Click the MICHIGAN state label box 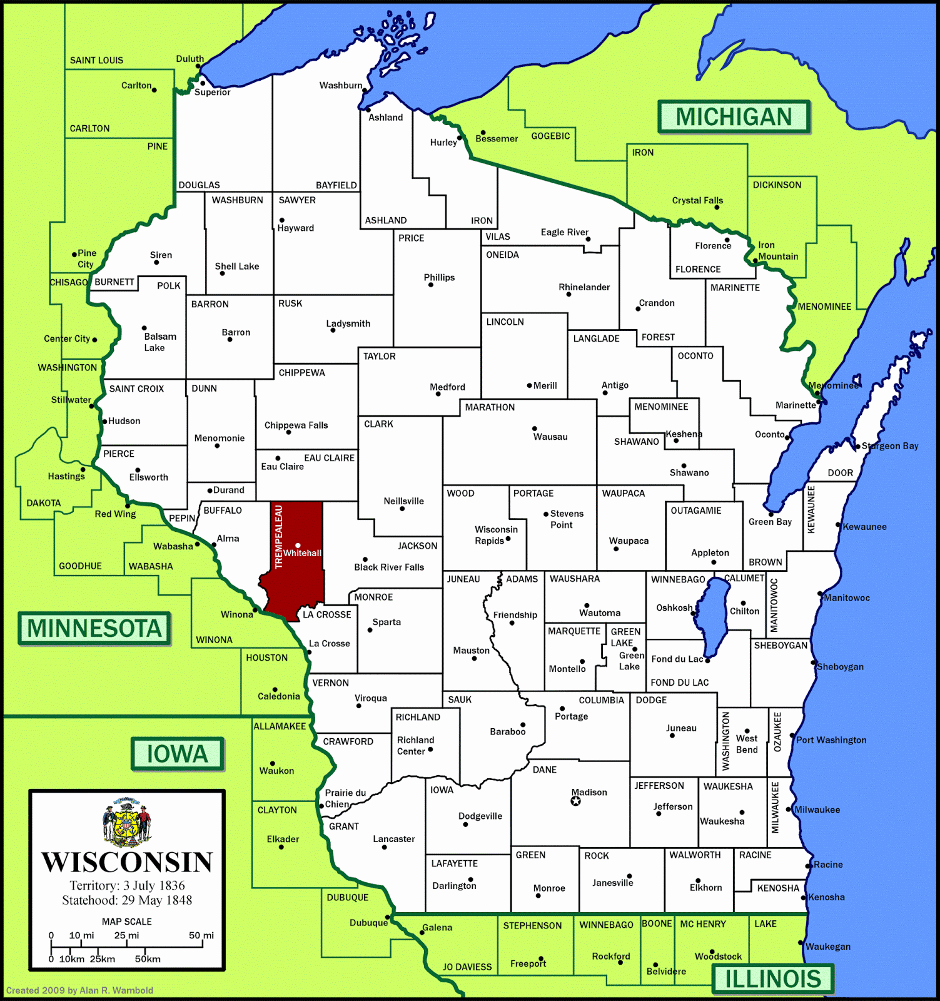point(734,117)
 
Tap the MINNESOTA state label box point(94,628)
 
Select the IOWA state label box point(177,754)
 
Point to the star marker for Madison point(576,801)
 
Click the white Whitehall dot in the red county point(298,546)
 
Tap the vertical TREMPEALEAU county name point(279,537)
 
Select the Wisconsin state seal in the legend point(127,821)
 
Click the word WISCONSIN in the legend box point(127,862)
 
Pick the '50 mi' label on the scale point(201,936)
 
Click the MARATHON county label point(490,407)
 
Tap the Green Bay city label point(770,522)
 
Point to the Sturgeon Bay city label point(890,446)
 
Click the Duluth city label point(190,59)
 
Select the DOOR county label point(840,473)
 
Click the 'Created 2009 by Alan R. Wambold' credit point(79,990)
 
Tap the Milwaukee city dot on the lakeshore point(790,810)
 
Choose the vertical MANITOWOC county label point(774,605)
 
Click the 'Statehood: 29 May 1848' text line point(127,900)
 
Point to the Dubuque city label point(368,923)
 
